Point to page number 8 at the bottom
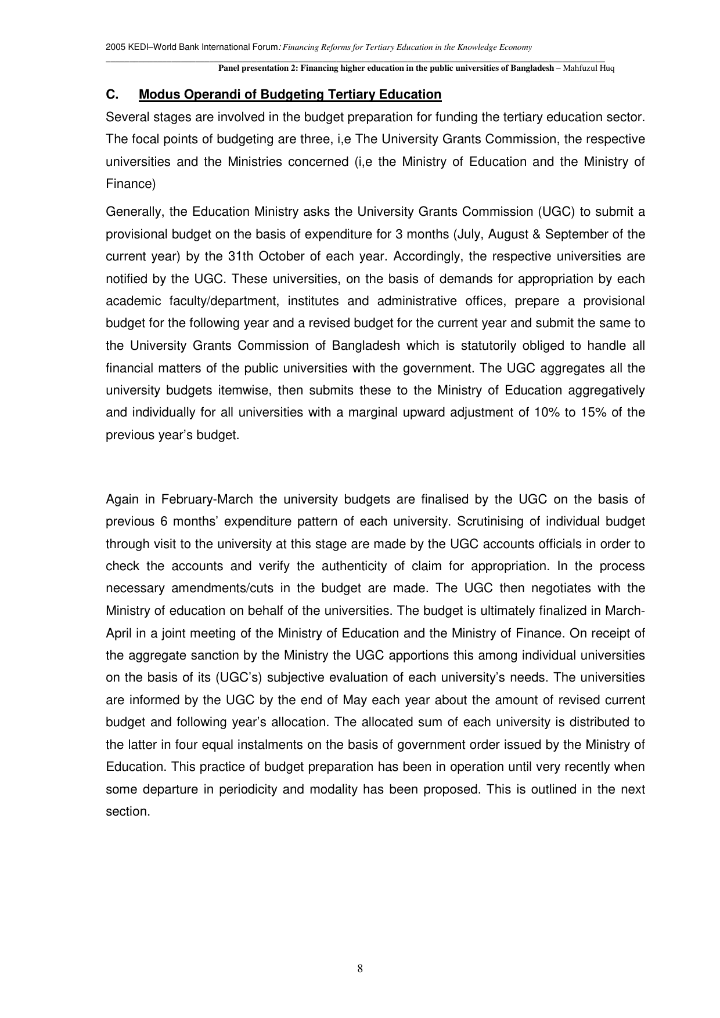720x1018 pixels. (x=360, y=968)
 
